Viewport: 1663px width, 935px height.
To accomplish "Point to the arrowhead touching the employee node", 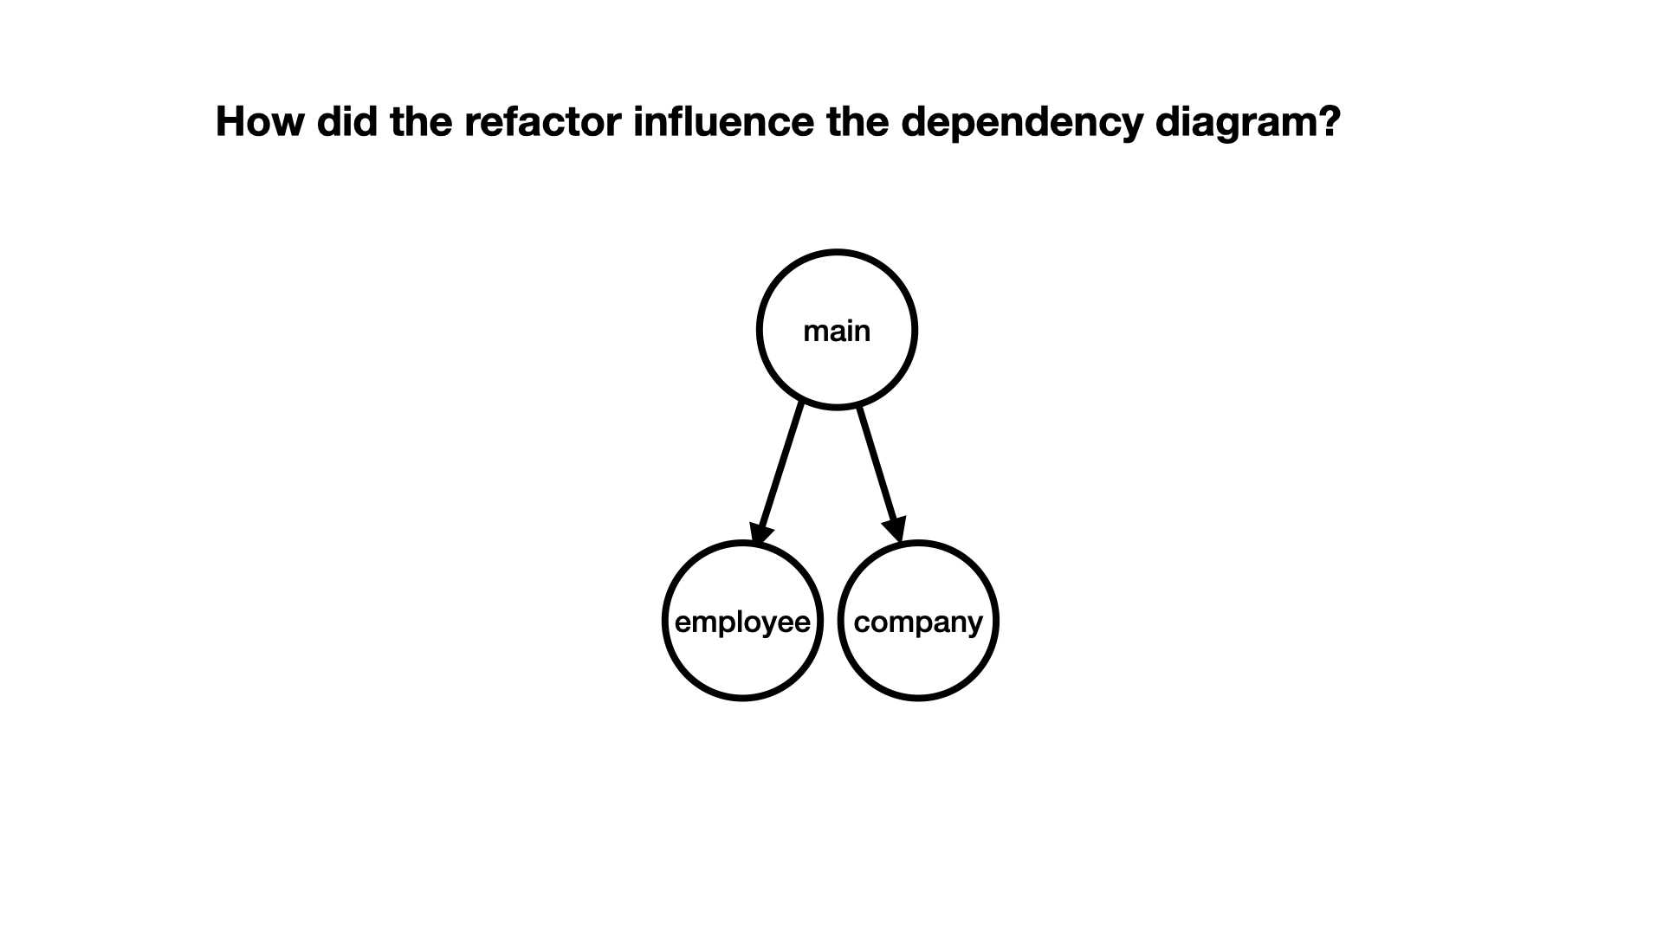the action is coord(760,533).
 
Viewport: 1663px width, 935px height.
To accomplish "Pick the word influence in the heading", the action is coord(723,121).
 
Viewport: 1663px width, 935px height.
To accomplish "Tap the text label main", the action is coord(837,331).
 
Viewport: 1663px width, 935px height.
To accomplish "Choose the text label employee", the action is coord(742,622).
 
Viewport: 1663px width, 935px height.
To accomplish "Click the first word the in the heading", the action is coord(422,121).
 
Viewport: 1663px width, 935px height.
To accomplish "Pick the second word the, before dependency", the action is coord(857,121).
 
